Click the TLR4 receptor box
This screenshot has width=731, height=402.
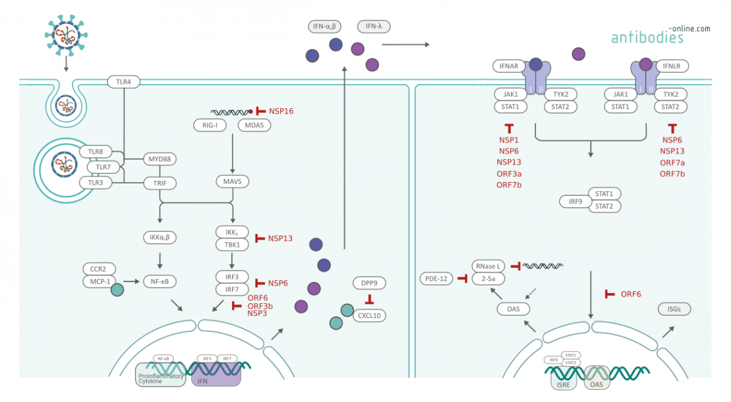[123, 83]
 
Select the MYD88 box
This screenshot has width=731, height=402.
[160, 158]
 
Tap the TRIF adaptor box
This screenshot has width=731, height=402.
[160, 183]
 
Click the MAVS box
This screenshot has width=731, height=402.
[232, 182]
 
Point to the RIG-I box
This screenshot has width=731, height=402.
[210, 125]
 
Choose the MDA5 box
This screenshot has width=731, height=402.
[254, 125]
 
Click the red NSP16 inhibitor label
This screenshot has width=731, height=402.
[281, 111]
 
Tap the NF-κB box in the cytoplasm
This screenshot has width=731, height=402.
[160, 281]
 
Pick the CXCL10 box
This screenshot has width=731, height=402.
[369, 315]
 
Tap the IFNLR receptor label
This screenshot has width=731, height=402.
[672, 65]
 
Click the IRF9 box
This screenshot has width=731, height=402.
[575, 201]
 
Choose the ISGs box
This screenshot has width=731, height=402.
[675, 309]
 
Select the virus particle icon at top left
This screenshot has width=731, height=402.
[65, 33]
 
